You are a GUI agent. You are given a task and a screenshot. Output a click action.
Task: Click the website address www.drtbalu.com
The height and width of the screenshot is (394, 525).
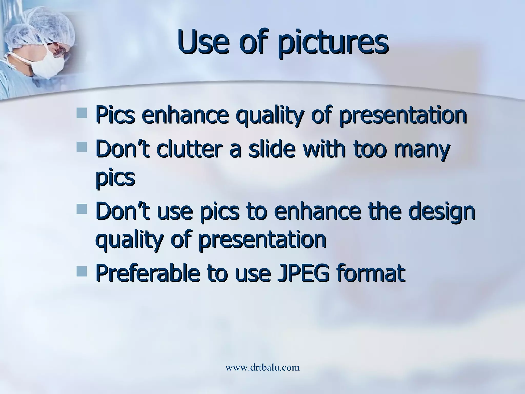(x=262, y=367)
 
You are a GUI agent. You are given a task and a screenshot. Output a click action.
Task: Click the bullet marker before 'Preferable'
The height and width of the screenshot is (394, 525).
(x=82, y=271)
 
